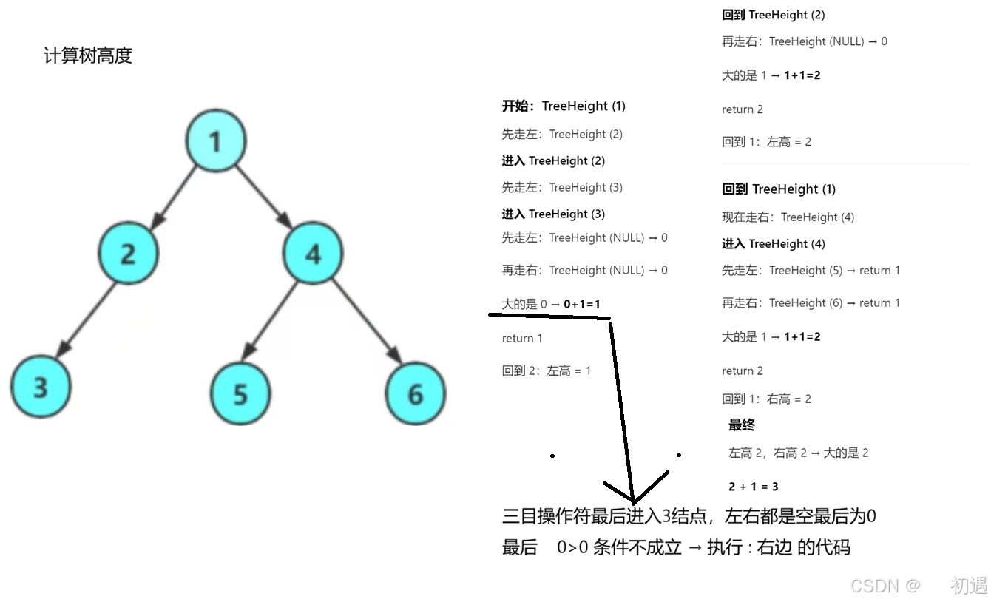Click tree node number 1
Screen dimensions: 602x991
(x=215, y=141)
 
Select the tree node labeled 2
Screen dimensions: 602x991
(x=128, y=253)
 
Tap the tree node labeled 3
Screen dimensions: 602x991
(x=40, y=386)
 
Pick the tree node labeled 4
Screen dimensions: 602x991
(x=313, y=254)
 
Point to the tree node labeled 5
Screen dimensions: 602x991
(x=240, y=393)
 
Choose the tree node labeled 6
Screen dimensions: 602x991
(x=416, y=393)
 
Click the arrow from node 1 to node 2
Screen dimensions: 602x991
(x=174, y=196)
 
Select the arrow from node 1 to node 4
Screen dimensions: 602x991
(x=263, y=195)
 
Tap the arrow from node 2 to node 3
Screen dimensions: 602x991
(x=87, y=318)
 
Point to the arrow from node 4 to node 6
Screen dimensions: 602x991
(x=366, y=322)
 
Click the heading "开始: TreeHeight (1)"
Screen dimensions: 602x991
(x=564, y=106)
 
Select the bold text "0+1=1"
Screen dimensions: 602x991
(x=582, y=304)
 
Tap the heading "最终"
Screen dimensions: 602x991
(x=741, y=425)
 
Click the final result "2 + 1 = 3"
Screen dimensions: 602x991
(x=753, y=487)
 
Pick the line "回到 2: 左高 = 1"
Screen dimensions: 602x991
(x=547, y=371)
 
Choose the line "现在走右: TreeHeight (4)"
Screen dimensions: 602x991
(x=788, y=217)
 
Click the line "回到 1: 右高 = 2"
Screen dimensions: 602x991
(x=766, y=399)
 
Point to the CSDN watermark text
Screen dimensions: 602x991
(x=884, y=585)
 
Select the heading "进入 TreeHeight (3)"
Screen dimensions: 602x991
(x=553, y=214)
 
